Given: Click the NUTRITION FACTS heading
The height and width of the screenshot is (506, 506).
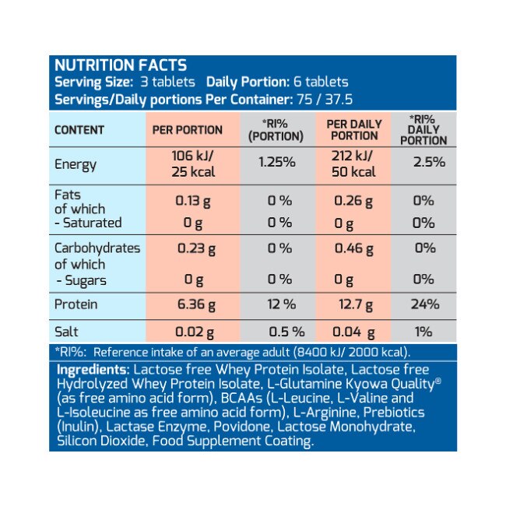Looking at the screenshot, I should pyautogui.click(x=119, y=65).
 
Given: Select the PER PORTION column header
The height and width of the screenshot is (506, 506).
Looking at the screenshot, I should pyautogui.click(x=187, y=130).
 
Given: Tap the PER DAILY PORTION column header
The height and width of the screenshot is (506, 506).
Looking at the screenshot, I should pyautogui.click(x=354, y=130).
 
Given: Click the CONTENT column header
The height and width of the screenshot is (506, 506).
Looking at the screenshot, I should pyautogui.click(x=79, y=130).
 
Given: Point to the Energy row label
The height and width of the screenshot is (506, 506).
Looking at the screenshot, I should pyautogui.click(x=76, y=164).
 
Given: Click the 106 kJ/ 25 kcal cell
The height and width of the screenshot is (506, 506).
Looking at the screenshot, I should pyautogui.click(x=192, y=164).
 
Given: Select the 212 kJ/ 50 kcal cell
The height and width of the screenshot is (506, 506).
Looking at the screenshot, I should pyautogui.click(x=355, y=164).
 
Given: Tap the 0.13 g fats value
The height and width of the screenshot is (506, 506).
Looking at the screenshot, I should pyautogui.click(x=192, y=200).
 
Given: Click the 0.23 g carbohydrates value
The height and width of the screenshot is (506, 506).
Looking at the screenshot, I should pyautogui.click(x=192, y=248).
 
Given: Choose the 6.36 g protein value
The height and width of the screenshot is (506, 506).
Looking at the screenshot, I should pyautogui.click(x=192, y=304).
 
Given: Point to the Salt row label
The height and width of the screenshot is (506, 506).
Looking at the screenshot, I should pyautogui.click(x=67, y=332).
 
